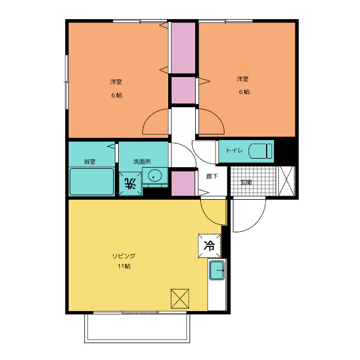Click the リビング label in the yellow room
pos(124,256)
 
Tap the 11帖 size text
pos(124,266)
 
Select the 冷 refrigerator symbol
pos(209,246)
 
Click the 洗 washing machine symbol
pos(130,184)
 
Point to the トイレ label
pos(234,151)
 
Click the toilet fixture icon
pos(260,151)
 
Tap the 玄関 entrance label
pos(246,182)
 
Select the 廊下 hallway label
pos(212,176)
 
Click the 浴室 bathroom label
pos(89,161)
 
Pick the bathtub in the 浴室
pos(92,182)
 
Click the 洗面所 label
pos(142,161)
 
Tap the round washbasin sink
pos(155,176)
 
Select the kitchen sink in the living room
pos(217,270)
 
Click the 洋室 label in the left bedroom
pos(116,82)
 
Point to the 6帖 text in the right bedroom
pos(244,92)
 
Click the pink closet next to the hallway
pos(183,183)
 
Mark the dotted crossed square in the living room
pos(180,299)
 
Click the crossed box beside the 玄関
pos(286,181)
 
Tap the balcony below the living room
pos(137,328)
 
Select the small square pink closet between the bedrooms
pos(183,90)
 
